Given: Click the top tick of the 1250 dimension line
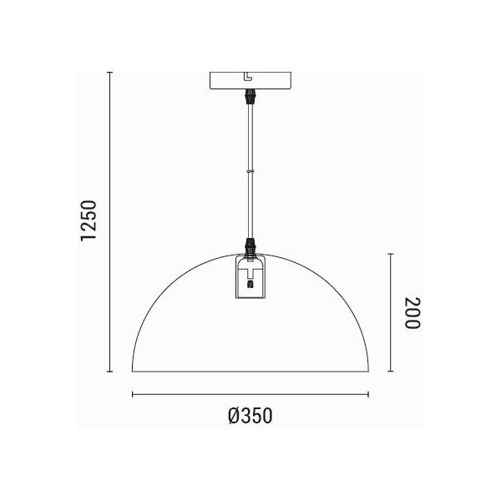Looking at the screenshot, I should (x=110, y=72).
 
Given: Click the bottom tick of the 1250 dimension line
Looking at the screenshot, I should (x=110, y=372).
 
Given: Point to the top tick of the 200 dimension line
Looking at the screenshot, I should (x=391, y=252).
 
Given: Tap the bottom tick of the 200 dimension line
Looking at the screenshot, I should (x=391, y=372).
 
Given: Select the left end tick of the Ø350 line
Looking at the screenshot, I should (x=132, y=394).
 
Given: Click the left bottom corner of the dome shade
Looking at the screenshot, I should (x=133, y=372).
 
